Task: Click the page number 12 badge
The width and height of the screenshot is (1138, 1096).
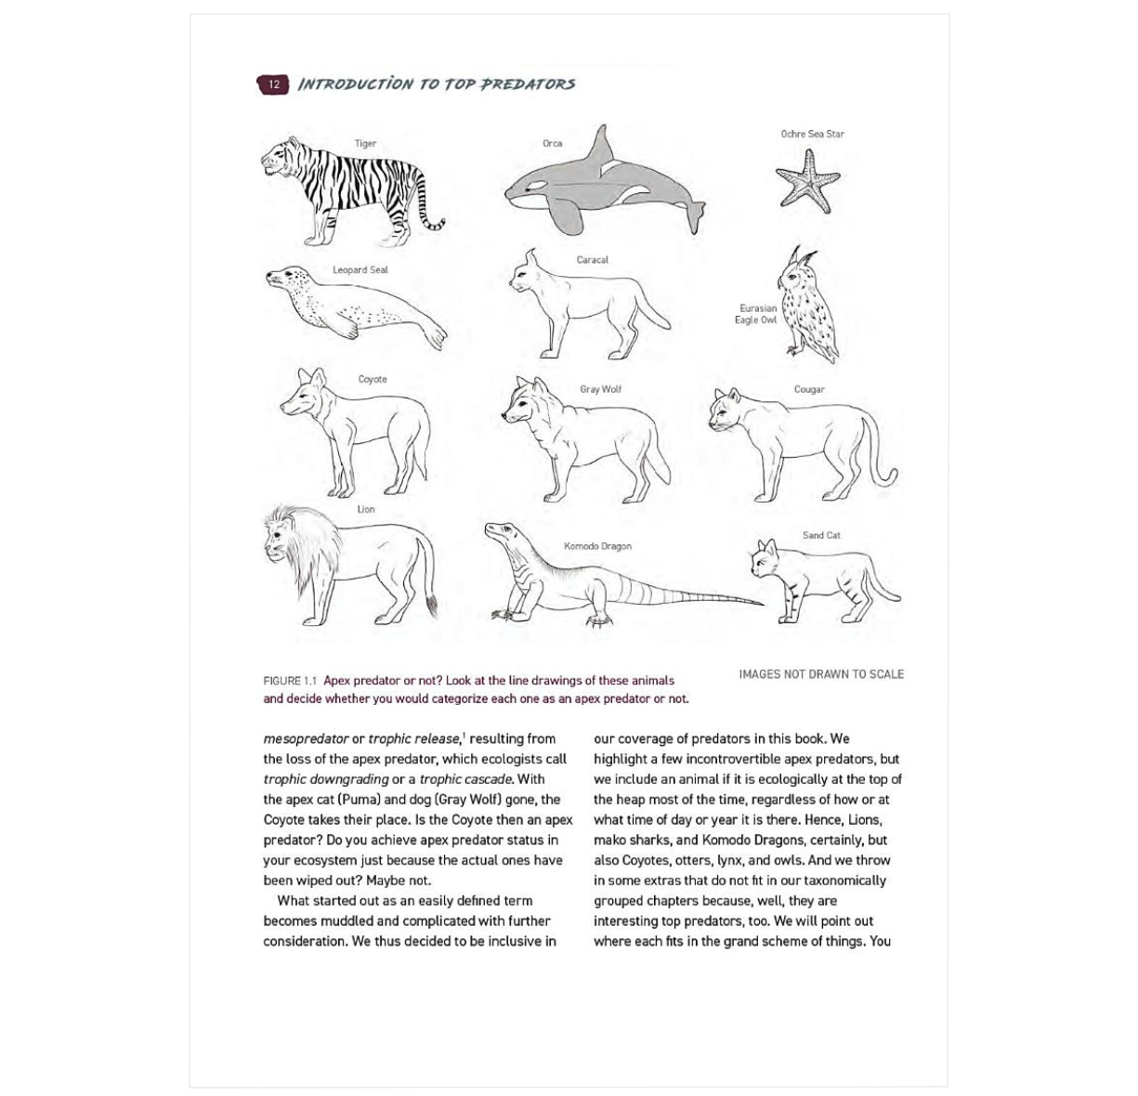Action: (273, 85)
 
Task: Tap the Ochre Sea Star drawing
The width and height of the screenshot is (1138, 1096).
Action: (808, 178)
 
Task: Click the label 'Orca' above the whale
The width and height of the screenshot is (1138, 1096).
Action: (552, 143)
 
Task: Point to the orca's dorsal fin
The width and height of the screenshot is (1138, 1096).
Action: (603, 142)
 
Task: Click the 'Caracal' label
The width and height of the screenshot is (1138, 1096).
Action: (592, 260)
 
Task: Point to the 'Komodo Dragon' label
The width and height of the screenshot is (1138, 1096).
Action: (597, 546)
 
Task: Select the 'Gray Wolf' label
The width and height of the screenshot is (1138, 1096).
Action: (600, 389)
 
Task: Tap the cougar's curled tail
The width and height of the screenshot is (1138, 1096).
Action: (883, 464)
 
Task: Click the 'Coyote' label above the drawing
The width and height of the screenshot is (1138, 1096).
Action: (373, 379)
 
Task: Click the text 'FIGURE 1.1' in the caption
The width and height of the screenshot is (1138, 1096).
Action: (290, 681)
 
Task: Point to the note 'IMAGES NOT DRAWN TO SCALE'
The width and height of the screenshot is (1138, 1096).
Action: (821, 674)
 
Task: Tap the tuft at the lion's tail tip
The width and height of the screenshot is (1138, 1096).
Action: (432, 607)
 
